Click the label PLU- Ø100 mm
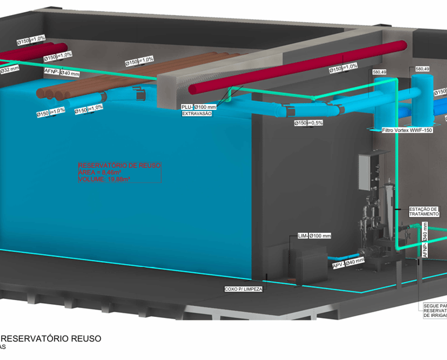[198, 107]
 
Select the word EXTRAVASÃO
[197, 114]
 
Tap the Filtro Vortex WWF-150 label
[407, 130]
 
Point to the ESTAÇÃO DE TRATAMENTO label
[424, 212]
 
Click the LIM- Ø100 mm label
[314, 236]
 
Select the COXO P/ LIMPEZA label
[244, 288]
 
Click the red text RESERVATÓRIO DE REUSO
[119, 166]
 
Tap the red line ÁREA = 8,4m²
[100, 173]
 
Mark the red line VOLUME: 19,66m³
[104, 180]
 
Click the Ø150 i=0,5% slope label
[308, 123]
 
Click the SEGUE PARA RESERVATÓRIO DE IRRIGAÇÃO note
[435, 310]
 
